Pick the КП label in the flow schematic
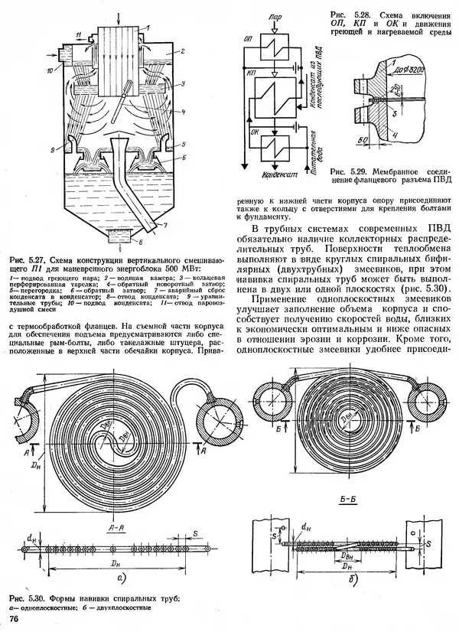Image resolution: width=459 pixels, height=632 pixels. coord(252,70)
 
